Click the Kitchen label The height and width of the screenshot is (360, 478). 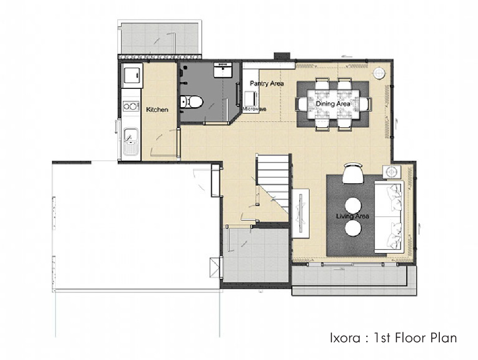pos(157,109)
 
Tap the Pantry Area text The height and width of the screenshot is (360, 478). pos(267,83)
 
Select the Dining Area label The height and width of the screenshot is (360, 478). pos(333,104)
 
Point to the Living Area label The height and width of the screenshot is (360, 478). pos(352,216)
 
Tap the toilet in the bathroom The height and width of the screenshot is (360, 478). pos(191,101)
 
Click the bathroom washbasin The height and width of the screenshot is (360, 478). pos(223,70)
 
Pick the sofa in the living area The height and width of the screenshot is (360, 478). pos(389,217)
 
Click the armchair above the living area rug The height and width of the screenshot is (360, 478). pos(353,174)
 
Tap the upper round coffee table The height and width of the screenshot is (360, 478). pos(353,206)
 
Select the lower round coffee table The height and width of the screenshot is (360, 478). pos(353,228)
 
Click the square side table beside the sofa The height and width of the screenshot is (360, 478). pos(392,172)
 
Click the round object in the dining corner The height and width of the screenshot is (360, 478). pos(379,73)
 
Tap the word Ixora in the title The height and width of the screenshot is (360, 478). pos(345,338)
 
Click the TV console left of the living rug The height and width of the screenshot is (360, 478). pos(301,213)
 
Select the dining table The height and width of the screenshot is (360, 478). pos(333,104)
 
